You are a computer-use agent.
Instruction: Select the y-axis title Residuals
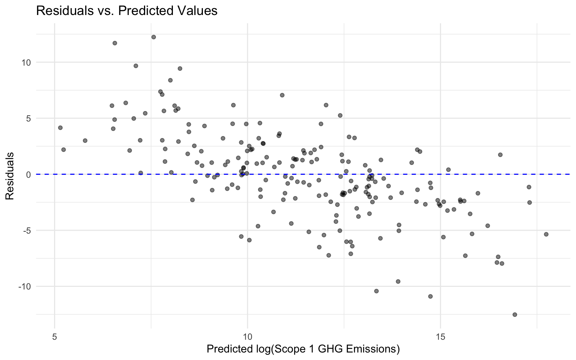point(10,175)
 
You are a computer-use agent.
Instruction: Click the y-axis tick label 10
point(26,62)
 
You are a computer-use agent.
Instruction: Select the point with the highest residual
point(153,37)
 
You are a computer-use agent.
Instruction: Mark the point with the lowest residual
point(514,315)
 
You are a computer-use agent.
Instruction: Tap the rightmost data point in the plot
point(546,234)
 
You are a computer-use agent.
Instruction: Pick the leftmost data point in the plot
point(60,128)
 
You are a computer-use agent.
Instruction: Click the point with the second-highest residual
point(115,43)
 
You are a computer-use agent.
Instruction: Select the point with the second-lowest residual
point(430,296)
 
